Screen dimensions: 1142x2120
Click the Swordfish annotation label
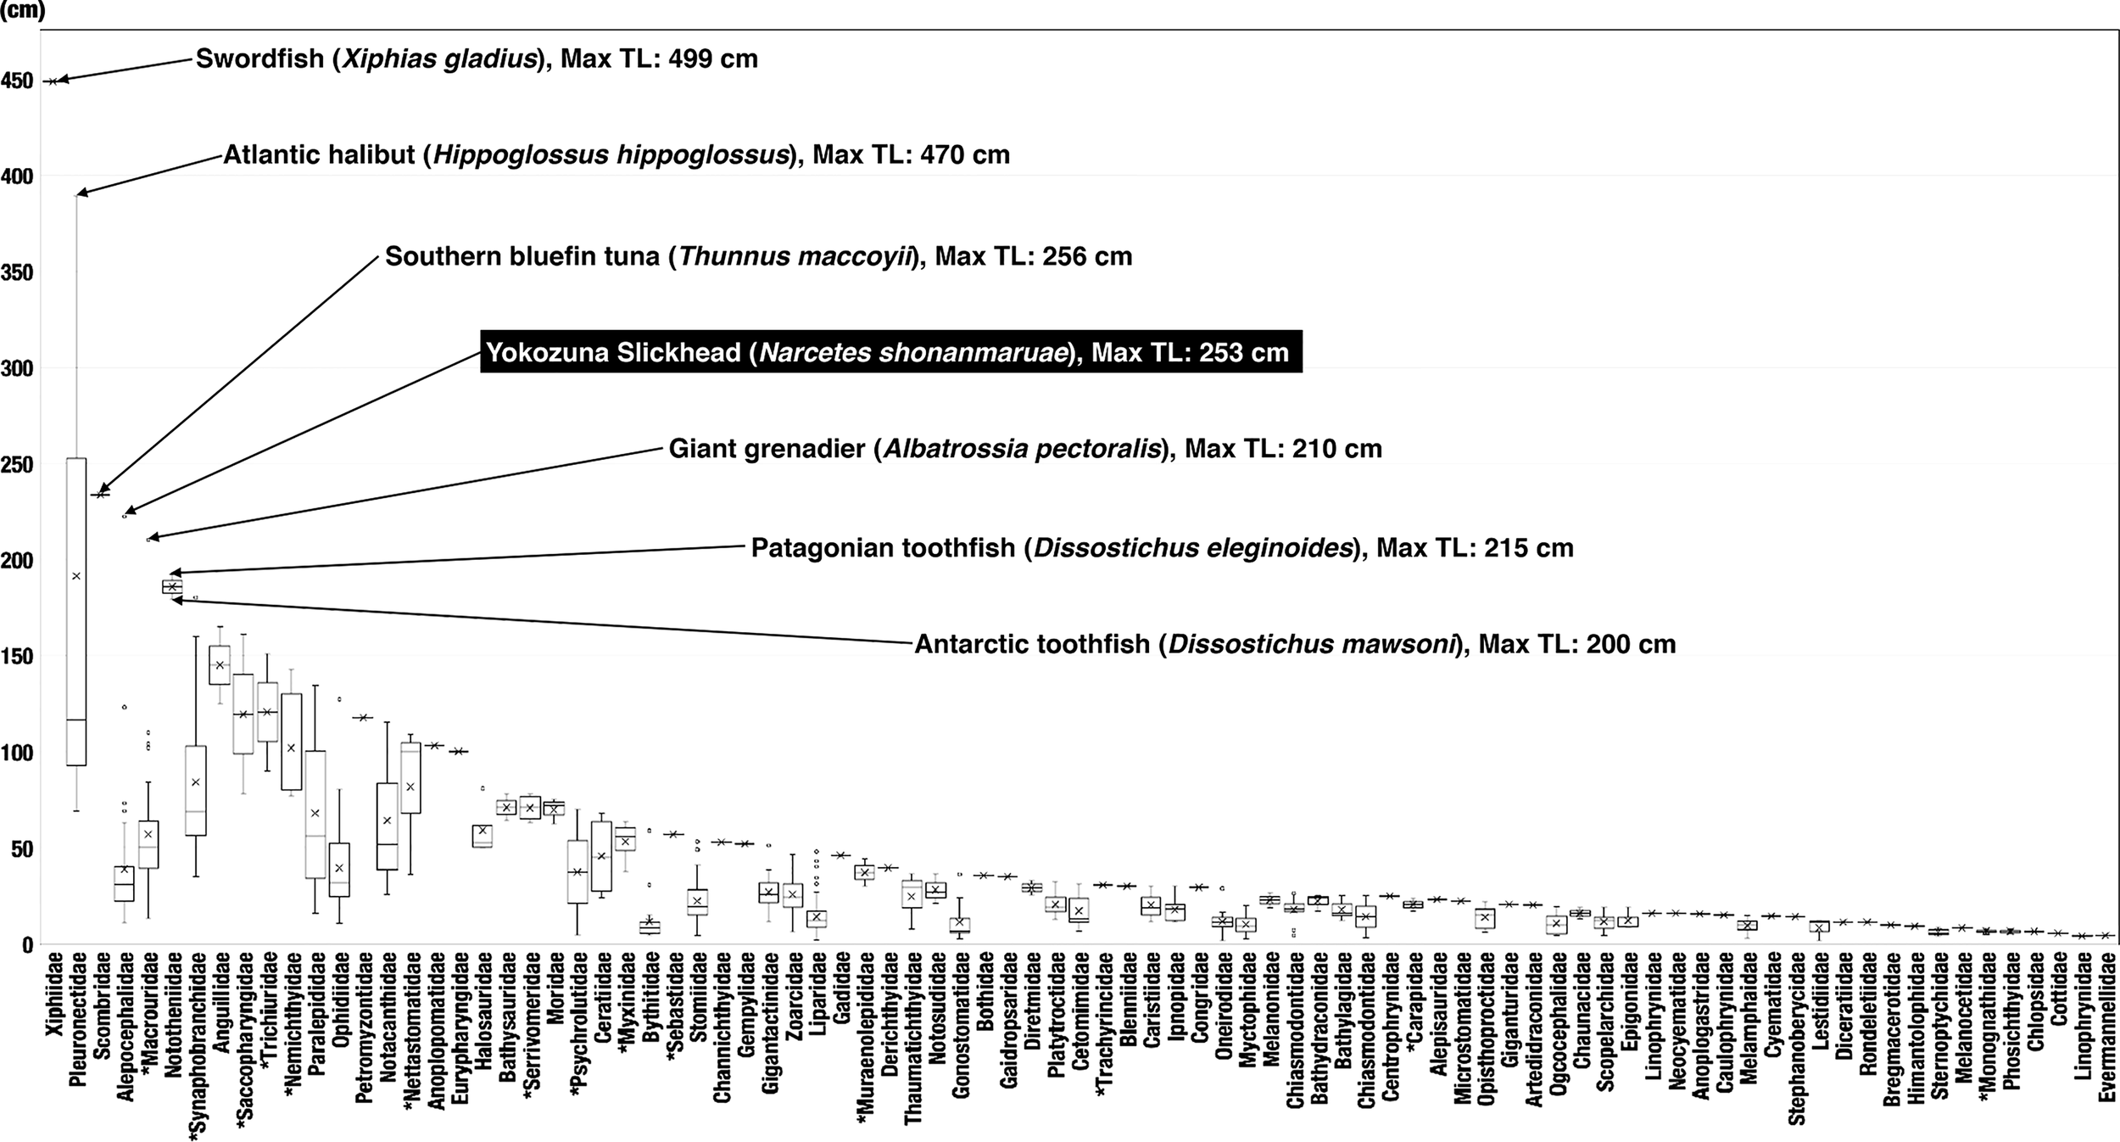477,59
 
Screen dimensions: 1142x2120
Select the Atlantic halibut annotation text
616,155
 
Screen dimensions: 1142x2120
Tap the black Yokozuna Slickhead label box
890,352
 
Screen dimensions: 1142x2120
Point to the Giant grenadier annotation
1025,449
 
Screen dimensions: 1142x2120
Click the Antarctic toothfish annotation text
1295,645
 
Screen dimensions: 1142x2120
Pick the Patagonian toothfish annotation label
1162,548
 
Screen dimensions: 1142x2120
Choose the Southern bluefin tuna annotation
758,256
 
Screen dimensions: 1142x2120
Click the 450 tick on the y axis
17,81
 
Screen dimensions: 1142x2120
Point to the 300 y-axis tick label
17,368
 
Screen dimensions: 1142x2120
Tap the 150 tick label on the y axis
17,657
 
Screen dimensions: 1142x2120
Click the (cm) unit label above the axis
22,11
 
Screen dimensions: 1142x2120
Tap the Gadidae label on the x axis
841,988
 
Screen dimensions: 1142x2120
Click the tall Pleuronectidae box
76,611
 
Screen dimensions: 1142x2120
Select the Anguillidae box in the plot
220,665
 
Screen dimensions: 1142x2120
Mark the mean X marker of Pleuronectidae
76,576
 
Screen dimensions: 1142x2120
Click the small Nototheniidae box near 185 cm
172,586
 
